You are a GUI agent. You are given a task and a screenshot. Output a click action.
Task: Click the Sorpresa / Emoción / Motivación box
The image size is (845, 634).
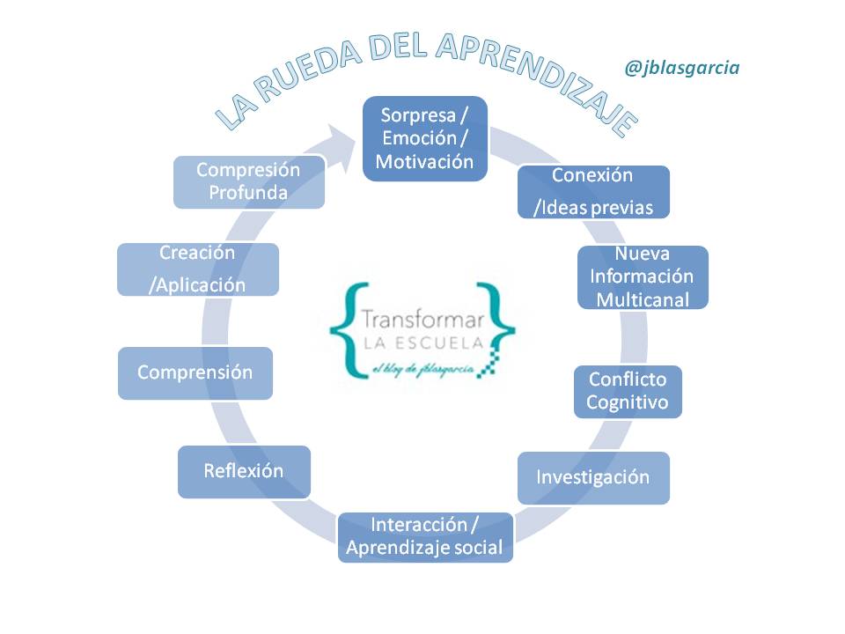425,138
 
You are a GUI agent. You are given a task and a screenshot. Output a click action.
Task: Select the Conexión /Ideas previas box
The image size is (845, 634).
592,191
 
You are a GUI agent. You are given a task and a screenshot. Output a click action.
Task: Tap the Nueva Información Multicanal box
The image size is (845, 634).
643,276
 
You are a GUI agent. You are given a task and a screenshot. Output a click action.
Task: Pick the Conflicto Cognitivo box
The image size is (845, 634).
627,391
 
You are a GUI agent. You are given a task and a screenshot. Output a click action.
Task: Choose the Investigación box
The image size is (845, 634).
592,477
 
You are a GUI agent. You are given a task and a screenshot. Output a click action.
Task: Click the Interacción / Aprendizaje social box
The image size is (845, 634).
424,536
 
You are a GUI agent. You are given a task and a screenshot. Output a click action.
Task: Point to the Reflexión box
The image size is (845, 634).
244,471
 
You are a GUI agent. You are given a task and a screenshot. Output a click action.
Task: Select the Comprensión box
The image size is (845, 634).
195,372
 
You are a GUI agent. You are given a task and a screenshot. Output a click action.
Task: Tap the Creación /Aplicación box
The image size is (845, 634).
198,269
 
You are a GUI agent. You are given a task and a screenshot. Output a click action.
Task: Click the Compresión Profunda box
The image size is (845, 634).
248,181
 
